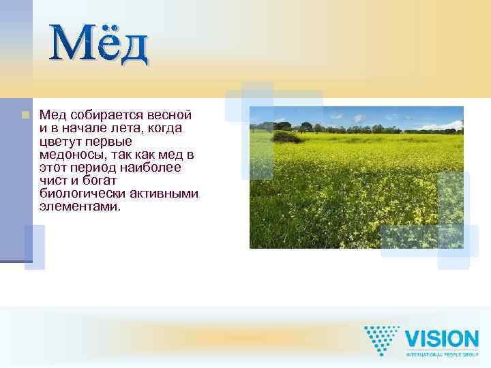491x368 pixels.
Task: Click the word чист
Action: point(53,180)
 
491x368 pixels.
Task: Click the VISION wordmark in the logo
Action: point(442,339)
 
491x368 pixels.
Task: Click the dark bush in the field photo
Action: point(286,137)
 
